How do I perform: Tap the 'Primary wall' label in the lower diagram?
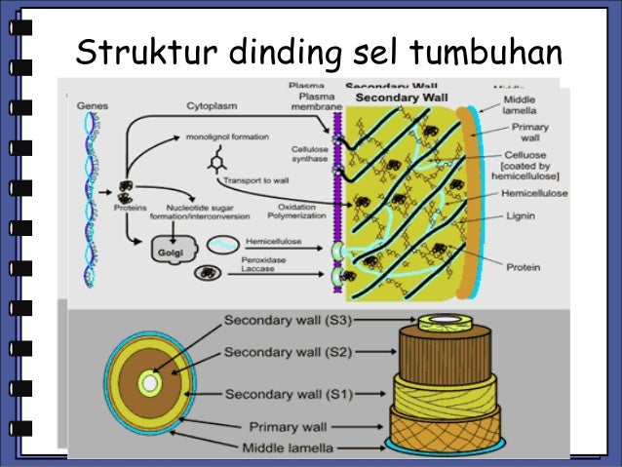[292, 426]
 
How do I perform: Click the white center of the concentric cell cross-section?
[149, 383]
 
